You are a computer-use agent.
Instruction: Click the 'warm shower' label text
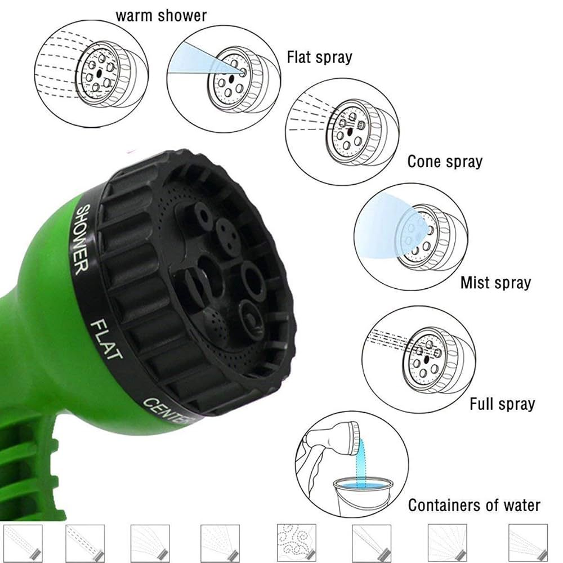[x=161, y=15]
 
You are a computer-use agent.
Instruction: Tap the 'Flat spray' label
[x=319, y=57]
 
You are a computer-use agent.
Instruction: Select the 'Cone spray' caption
[x=445, y=162]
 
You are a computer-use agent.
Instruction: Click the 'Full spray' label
[x=502, y=403]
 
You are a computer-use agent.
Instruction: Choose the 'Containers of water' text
[x=474, y=505]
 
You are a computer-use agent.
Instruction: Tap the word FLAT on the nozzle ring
[x=106, y=339]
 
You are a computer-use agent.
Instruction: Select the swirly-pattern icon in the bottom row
[x=296, y=543]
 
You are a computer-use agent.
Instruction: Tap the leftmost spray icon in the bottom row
[x=23, y=543]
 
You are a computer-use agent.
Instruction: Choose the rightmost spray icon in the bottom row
[x=528, y=543]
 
